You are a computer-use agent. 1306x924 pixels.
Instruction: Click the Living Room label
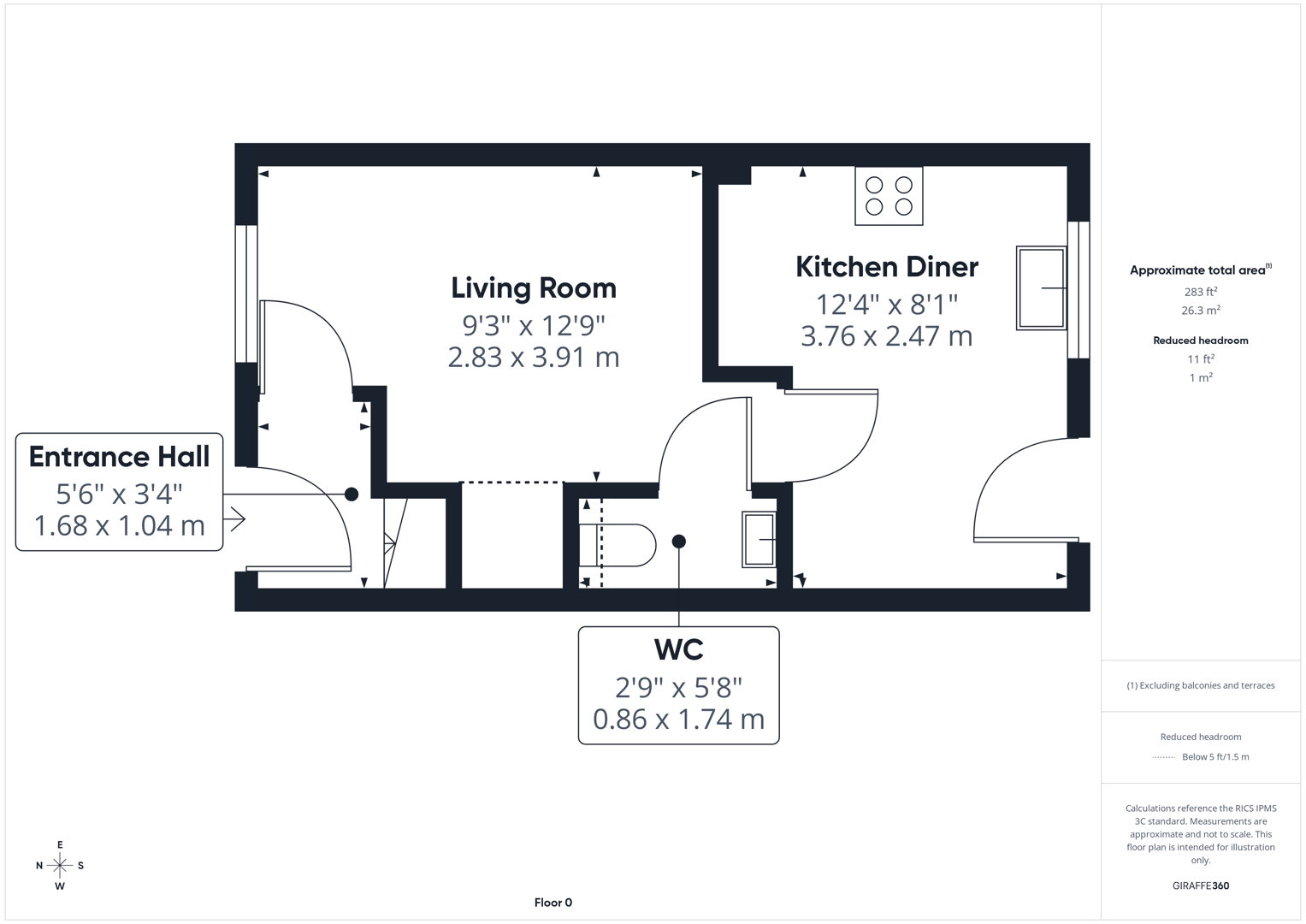tap(534, 288)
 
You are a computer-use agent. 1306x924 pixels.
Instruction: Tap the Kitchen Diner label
tap(887, 267)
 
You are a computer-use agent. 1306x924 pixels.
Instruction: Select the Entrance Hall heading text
tap(119, 456)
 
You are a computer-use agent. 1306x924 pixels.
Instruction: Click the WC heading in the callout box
tap(678, 649)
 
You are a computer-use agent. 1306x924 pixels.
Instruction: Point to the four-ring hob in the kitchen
tap(889, 196)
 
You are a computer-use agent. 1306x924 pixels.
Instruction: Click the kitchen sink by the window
tap(1042, 288)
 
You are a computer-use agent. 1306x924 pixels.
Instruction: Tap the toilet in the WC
tap(618, 546)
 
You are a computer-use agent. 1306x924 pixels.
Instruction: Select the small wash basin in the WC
tap(759, 540)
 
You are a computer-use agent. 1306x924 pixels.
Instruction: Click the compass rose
tap(60, 865)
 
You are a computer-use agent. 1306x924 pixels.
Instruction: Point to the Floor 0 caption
tap(553, 903)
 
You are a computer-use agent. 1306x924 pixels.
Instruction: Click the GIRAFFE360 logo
tap(1201, 885)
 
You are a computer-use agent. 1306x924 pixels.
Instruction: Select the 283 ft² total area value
tap(1201, 291)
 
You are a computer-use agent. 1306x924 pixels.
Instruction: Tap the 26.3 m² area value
tap(1201, 310)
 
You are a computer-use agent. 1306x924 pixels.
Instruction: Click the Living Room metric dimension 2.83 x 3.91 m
tap(534, 357)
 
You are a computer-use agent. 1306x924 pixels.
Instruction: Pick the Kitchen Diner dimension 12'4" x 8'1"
tap(887, 305)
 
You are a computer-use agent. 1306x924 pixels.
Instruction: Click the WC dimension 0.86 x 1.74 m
tap(678, 720)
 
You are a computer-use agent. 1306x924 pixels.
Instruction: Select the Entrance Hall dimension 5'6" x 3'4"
tap(119, 495)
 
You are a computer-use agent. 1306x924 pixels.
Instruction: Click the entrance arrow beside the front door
tap(234, 519)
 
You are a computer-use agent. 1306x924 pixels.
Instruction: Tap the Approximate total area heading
tap(1201, 269)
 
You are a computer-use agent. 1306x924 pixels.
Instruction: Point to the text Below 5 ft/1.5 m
tap(1215, 756)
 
